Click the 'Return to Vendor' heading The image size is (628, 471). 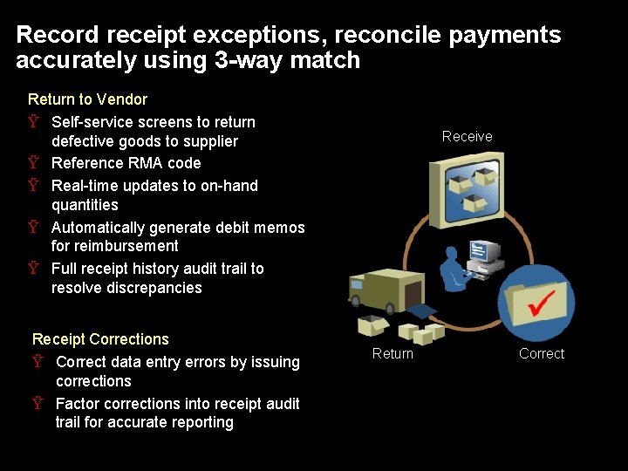click(x=87, y=99)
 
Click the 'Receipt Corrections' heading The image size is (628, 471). click(x=100, y=339)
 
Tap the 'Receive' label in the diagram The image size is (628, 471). click(x=467, y=136)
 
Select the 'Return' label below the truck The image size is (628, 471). click(x=392, y=353)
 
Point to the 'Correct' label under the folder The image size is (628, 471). click(x=542, y=353)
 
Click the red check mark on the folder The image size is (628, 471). click(x=543, y=303)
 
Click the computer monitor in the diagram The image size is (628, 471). click(x=484, y=253)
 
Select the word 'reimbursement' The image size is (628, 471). click(x=115, y=246)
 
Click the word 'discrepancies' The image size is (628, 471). click(x=126, y=288)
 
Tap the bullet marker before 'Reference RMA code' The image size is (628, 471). click(x=33, y=163)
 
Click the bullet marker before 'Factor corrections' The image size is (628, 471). click(x=38, y=404)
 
